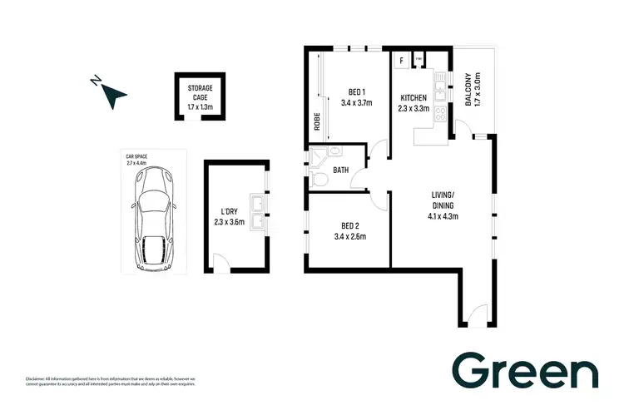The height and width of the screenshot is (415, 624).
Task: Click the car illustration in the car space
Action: pyautogui.click(x=152, y=218)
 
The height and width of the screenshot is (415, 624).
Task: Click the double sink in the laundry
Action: pyautogui.click(x=260, y=212)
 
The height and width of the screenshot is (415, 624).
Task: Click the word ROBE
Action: pyautogui.click(x=316, y=121)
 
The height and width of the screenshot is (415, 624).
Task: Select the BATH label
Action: pyautogui.click(x=340, y=170)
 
